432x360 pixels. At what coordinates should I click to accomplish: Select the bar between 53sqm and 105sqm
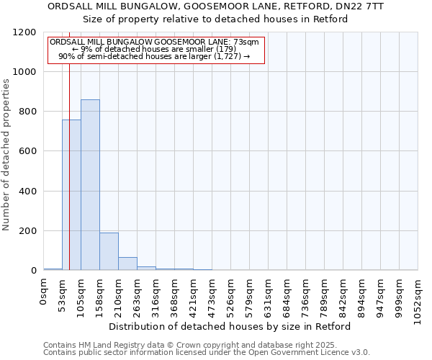(71, 195)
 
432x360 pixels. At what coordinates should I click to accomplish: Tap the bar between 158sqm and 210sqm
(109, 251)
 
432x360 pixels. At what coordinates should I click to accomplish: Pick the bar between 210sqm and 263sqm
(127, 264)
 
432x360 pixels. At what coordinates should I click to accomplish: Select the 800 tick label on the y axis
(27, 112)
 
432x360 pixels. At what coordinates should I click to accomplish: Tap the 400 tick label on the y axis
(27, 192)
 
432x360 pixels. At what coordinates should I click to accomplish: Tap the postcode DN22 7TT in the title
(361, 6)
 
